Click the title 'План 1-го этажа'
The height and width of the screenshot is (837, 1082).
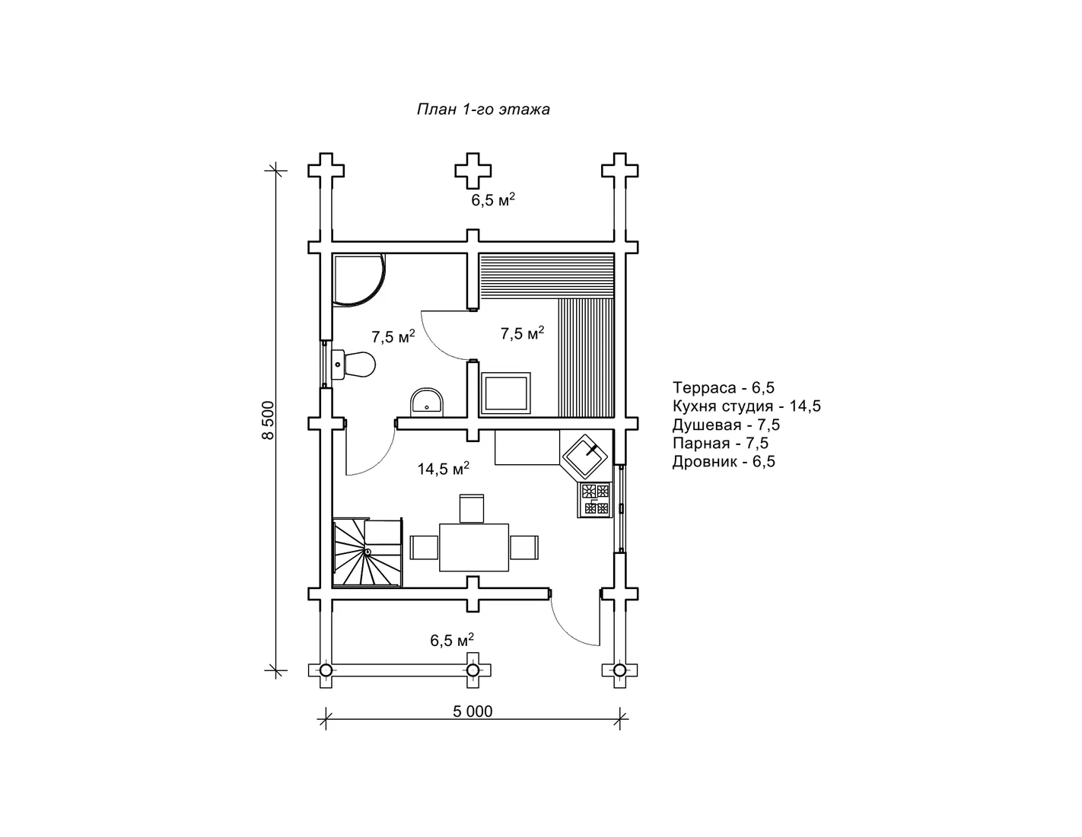coord(483,109)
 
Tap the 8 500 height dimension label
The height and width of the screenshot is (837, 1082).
coord(268,420)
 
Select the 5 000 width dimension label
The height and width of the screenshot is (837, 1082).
coord(473,711)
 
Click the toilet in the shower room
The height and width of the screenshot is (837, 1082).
coord(354,364)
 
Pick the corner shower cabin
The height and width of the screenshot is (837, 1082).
coord(358,281)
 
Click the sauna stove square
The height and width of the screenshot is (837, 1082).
coord(505,393)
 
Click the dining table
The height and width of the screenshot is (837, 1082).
coord(473,547)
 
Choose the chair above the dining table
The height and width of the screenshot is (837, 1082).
coord(472,508)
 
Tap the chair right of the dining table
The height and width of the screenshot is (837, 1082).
coord(524,548)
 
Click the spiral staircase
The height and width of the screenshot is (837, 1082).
coord(368,552)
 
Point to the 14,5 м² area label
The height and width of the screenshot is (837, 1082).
coord(443,468)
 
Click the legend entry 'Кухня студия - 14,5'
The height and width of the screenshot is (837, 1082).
coord(746,406)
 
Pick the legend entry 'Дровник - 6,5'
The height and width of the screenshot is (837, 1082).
coord(724,462)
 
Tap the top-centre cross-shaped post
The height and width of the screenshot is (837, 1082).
coord(473,170)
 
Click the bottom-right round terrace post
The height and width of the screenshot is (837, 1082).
coord(619,670)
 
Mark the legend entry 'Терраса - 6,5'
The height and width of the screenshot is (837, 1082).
coord(724,387)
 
